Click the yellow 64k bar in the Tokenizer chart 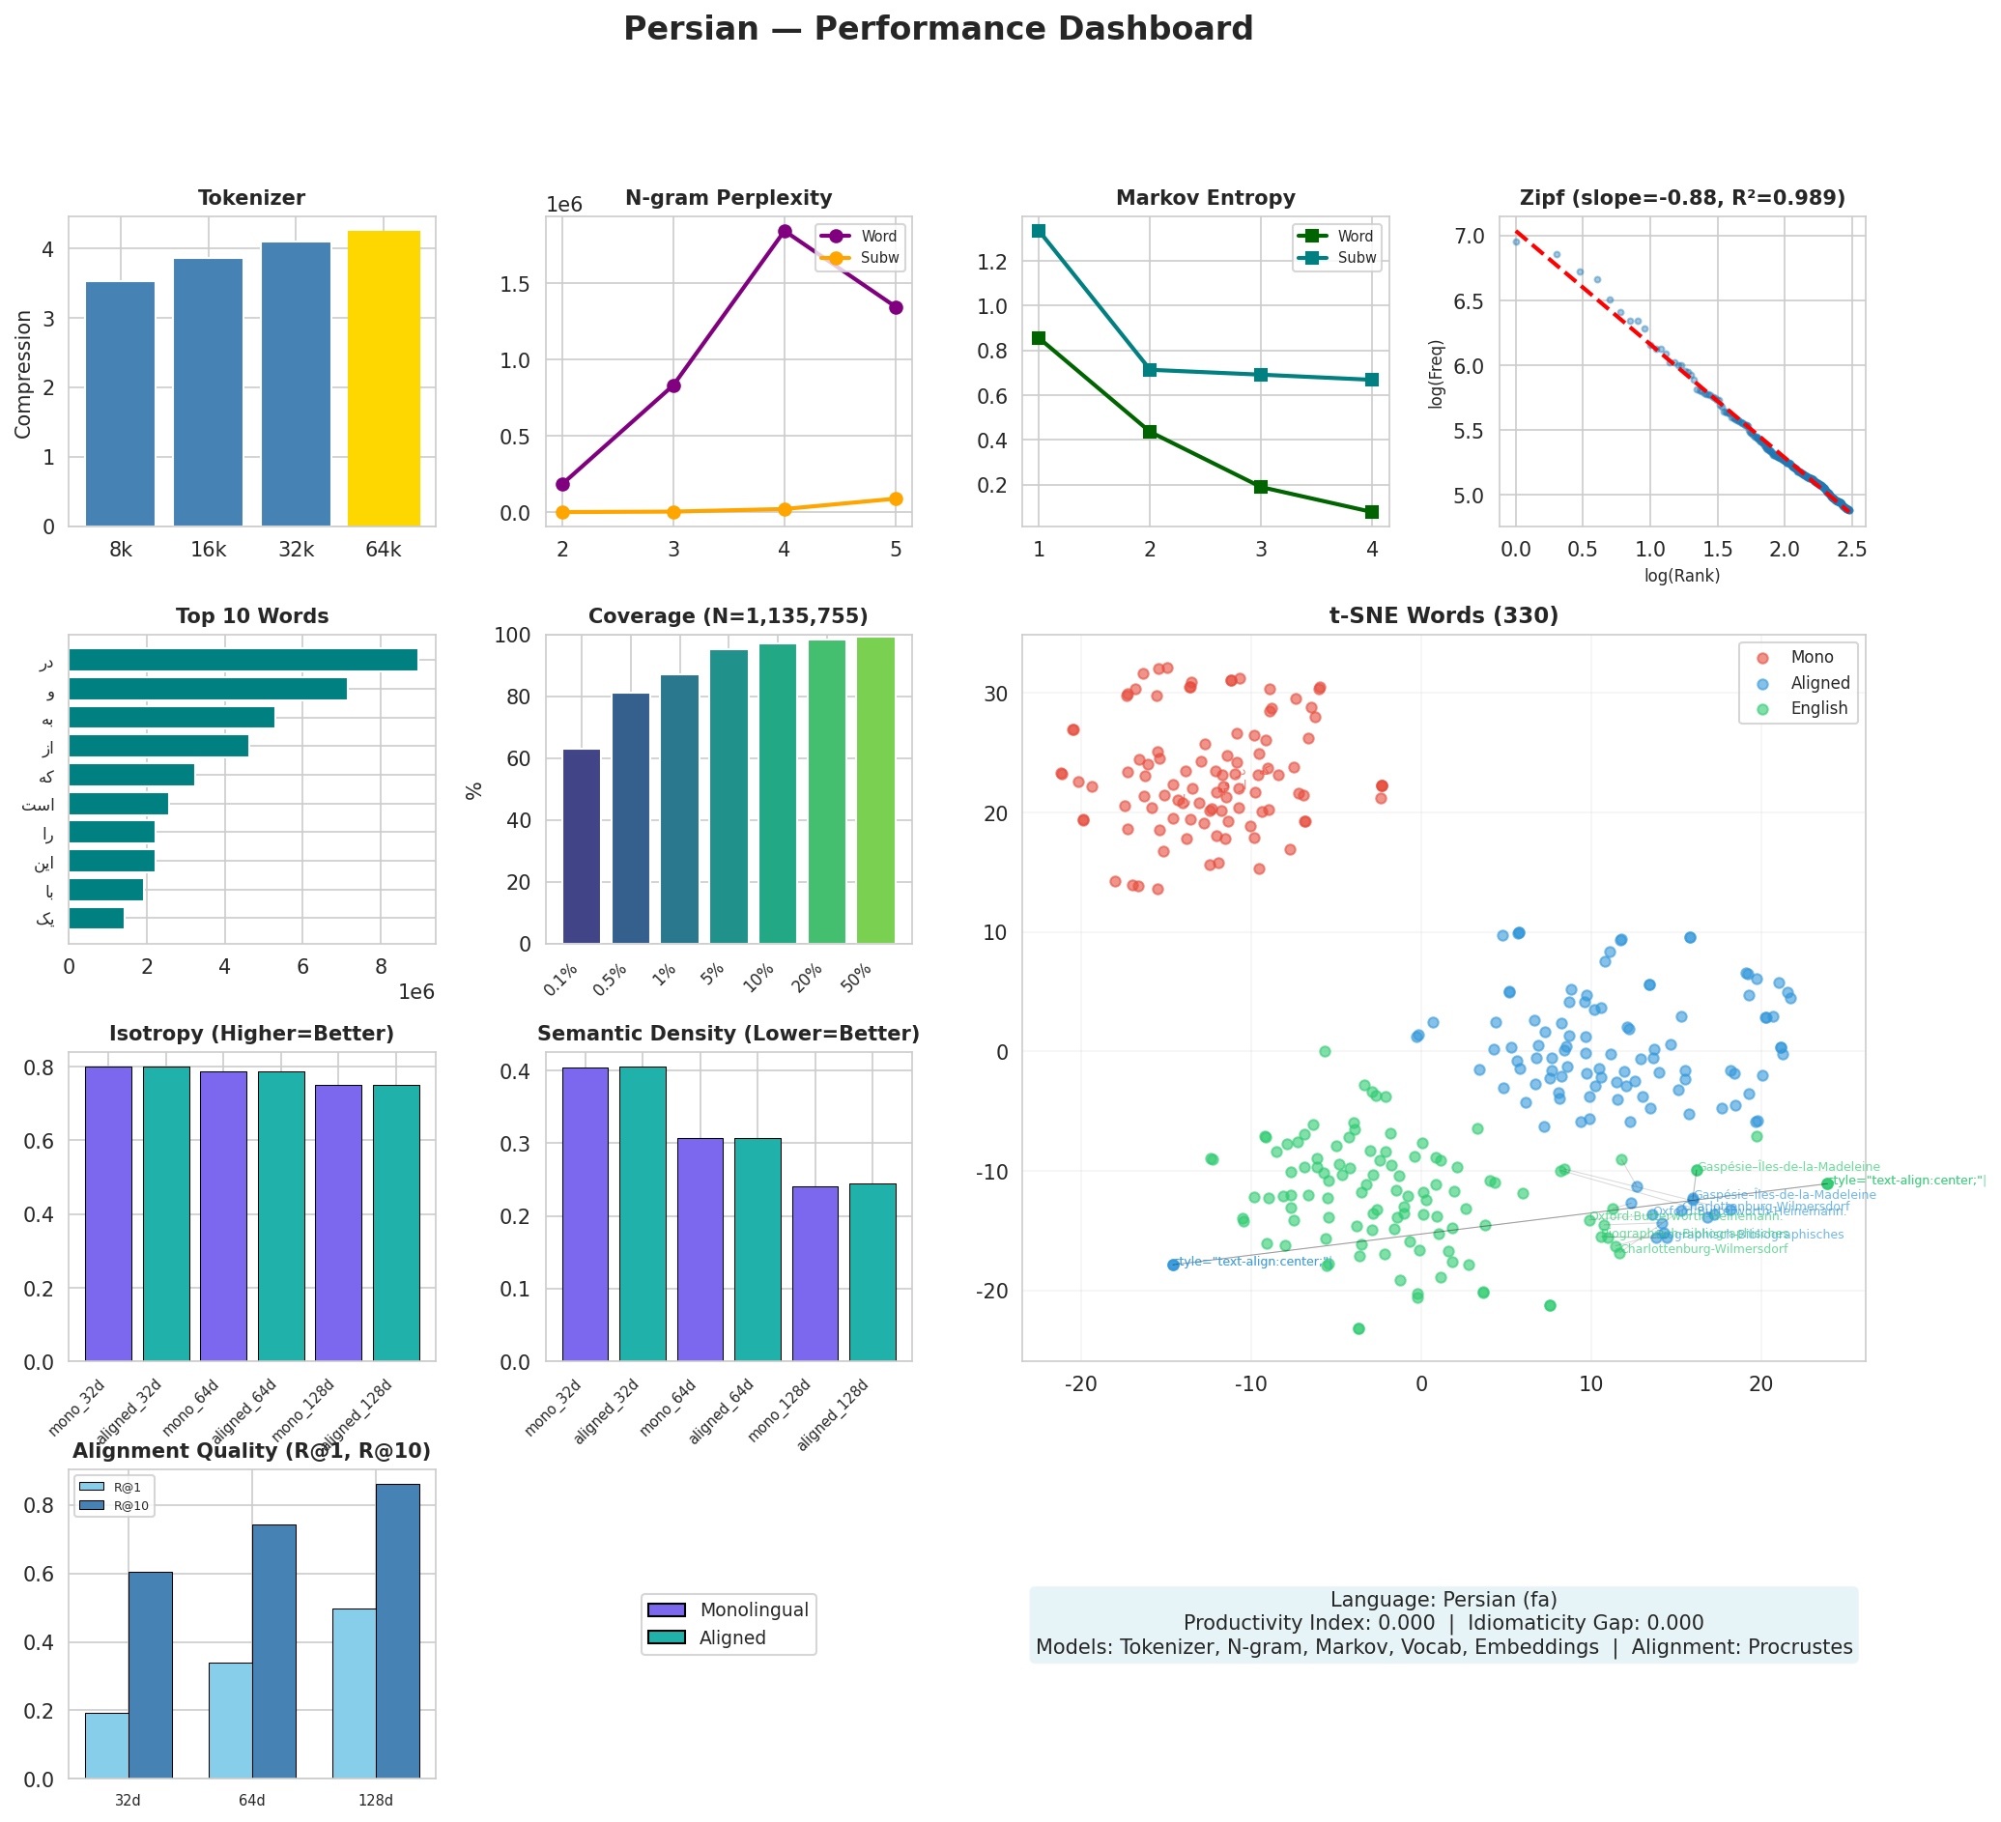[x=384, y=378]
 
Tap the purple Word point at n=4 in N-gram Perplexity [x=786, y=231]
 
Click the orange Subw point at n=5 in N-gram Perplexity [x=896, y=499]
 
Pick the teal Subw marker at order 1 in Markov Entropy [x=1039, y=230]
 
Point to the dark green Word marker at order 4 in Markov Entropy [x=1372, y=512]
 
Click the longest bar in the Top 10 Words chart [x=243, y=660]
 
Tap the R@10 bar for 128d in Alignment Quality [x=397, y=1631]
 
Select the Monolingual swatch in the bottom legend [x=666, y=1609]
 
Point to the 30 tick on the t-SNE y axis [x=996, y=694]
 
